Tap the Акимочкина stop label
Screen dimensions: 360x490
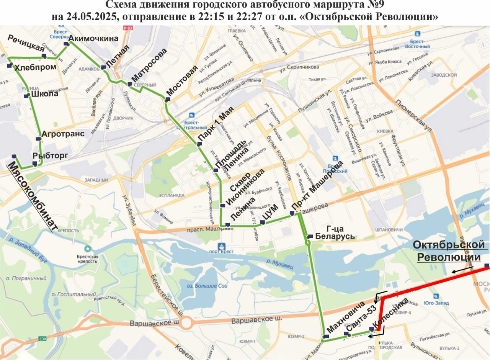point(93,38)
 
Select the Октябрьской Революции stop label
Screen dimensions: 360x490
point(449,251)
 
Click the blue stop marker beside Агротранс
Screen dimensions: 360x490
point(38,139)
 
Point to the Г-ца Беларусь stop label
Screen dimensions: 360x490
point(335,233)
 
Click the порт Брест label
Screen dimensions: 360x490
point(220,251)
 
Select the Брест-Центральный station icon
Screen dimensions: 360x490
point(192,115)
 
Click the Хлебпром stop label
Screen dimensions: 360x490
point(35,67)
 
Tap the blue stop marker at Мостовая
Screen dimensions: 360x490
point(167,100)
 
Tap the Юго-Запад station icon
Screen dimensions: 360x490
point(436,296)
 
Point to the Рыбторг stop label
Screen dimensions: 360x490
point(50,155)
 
